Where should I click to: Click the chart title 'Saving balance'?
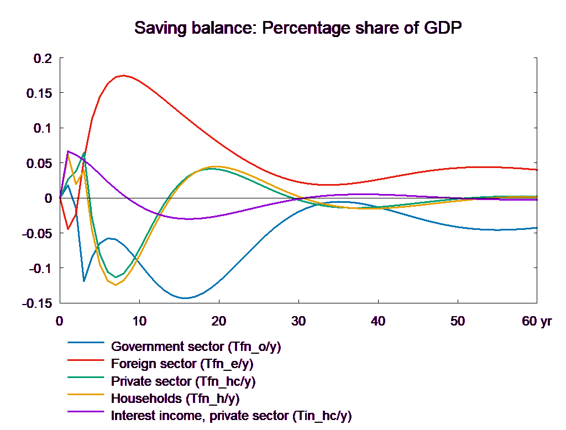pos(298,28)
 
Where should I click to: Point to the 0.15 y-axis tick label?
pos(39,93)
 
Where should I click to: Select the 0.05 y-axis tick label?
pos(39,163)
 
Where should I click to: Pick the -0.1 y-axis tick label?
pos(40,269)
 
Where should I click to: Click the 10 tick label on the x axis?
pos(139,321)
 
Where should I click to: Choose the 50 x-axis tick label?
pos(458,321)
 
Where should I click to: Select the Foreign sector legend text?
pos(182,364)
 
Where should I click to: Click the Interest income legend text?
pos(231,415)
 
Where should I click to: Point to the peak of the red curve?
pos(124,75)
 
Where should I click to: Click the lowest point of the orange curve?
pos(116,285)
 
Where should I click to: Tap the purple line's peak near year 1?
pos(68,151)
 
